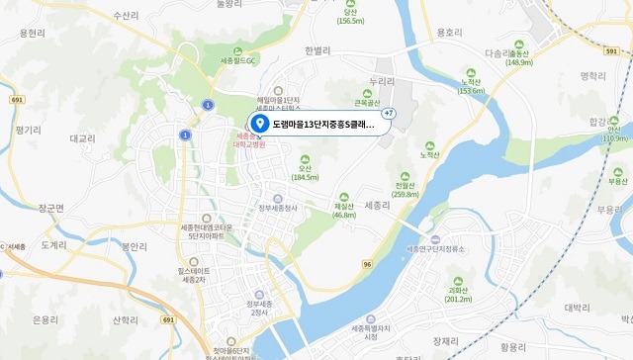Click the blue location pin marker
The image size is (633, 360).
[x=259, y=124]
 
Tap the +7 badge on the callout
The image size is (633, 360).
[x=389, y=113]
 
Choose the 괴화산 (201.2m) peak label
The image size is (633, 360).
[x=459, y=293]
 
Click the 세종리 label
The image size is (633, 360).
[x=379, y=205]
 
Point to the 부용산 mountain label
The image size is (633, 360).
[x=618, y=181]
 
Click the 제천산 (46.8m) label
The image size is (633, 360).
[x=344, y=209]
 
